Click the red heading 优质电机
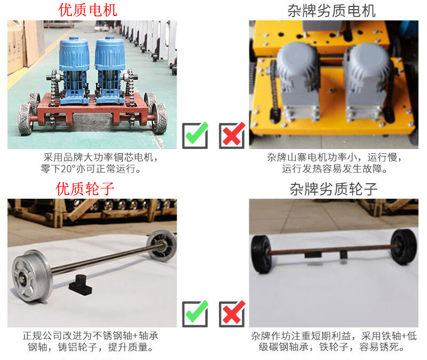(88, 10)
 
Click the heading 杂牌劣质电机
(331, 11)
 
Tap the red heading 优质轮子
(85, 189)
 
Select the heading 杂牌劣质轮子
(334, 189)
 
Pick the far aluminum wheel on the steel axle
(162, 246)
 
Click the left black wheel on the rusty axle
(261, 254)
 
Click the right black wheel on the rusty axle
(404, 246)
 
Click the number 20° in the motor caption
(67, 169)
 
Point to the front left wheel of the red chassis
(26, 119)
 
